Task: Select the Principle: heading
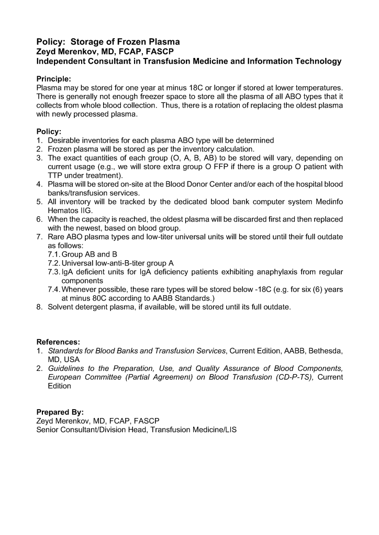[54, 79]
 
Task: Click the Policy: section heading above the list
[49, 132]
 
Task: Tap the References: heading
[58, 342]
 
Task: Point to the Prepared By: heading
[60, 412]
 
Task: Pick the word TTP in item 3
[55, 176]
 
